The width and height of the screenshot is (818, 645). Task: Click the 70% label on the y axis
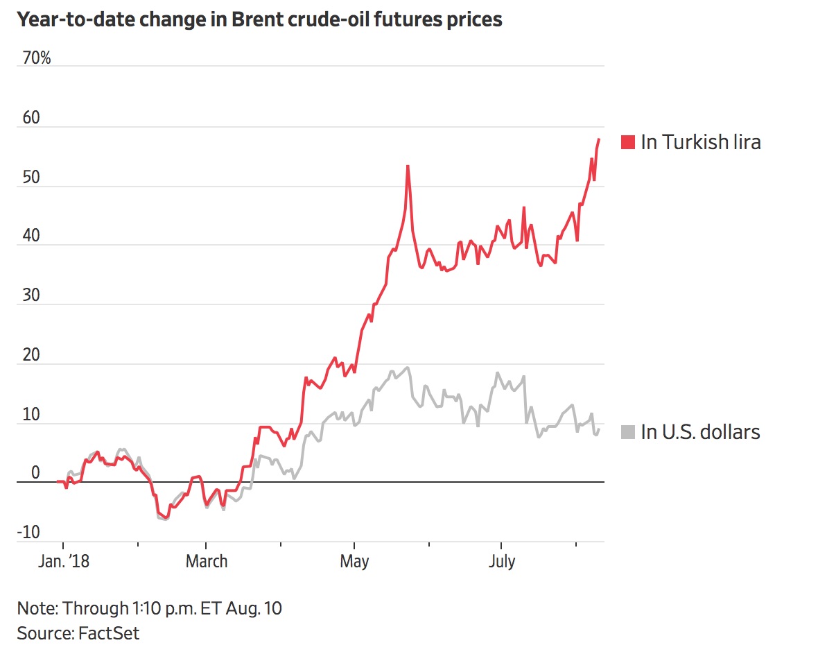pos(36,58)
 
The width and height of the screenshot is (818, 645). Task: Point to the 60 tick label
pos(32,118)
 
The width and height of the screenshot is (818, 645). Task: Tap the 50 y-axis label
pos(32,178)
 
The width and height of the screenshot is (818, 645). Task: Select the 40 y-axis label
pos(32,237)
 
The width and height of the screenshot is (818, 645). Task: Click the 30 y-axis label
pos(32,295)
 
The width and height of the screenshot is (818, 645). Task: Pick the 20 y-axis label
pos(32,355)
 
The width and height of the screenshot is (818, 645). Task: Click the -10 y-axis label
pos(29,533)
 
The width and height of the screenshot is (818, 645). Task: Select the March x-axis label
pos(207,561)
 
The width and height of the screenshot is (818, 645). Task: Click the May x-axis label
pos(354,561)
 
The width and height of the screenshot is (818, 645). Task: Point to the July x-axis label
pos(501,561)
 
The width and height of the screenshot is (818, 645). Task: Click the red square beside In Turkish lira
pos(628,142)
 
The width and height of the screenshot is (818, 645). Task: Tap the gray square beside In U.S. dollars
pos(628,432)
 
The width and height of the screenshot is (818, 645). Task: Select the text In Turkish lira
pos(701,142)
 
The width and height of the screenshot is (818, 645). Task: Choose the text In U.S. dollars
pos(701,432)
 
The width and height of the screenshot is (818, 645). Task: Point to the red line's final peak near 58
pos(599,139)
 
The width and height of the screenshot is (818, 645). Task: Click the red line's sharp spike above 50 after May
pos(408,166)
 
